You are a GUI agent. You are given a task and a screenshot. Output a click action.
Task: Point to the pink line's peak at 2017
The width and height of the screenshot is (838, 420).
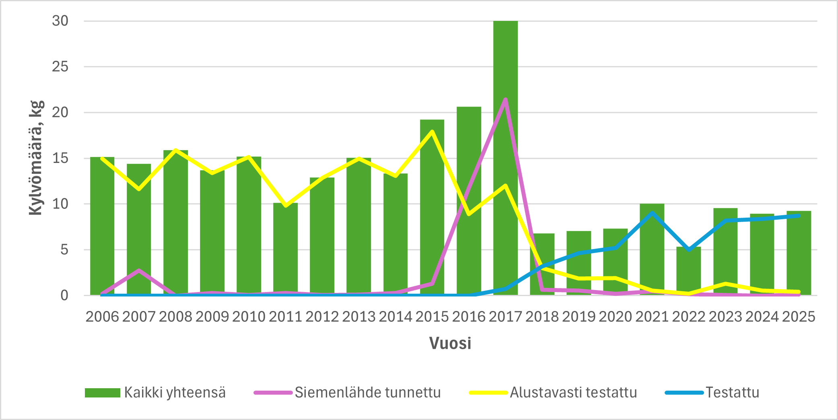505,99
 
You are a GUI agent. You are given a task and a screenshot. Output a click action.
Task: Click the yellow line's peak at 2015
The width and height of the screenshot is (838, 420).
432,131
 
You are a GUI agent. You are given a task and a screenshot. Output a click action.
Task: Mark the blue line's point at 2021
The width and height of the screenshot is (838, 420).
652,212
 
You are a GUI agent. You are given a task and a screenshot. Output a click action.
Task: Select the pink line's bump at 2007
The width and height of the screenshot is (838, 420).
139,270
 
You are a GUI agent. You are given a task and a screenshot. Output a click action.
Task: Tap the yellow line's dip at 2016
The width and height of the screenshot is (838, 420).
469,214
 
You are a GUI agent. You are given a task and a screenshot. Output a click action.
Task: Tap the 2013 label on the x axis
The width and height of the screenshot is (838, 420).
359,317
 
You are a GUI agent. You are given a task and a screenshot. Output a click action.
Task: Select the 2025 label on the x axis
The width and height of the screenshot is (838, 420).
799,317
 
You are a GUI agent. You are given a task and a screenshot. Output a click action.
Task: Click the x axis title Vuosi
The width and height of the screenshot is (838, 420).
450,343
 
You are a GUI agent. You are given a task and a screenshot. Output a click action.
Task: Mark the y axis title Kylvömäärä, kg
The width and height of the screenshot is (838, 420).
36,158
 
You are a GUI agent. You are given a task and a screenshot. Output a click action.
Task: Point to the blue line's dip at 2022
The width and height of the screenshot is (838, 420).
688,249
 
